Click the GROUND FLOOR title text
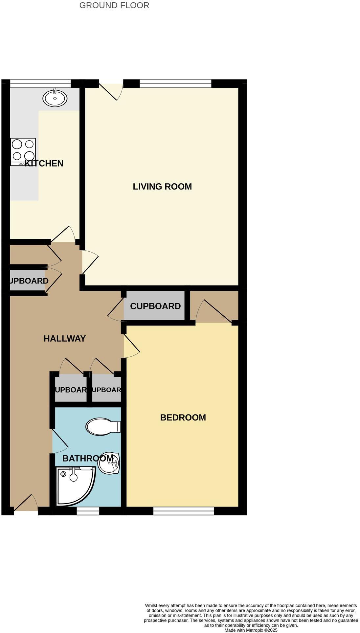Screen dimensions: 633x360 click(x=114, y=5)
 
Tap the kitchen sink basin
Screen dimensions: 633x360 click(x=55, y=98)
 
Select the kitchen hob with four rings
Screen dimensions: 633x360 click(x=23, y=151)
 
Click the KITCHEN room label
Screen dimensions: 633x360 click(x=44, y=163)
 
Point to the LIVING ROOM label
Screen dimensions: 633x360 click(x=162, y=186)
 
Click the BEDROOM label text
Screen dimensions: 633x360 click(x=183, y=417)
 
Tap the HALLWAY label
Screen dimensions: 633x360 click(x=64, y=338)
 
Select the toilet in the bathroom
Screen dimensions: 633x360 click(x=103, y=426)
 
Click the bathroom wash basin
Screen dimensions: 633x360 click(x=110, y=463)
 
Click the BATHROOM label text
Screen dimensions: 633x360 click(x=88, y=458)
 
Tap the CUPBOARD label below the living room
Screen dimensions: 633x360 click(x=155, y=306)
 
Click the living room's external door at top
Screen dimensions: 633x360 click(x=111, y=90)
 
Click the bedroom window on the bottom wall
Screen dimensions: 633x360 click(x=184, y=511)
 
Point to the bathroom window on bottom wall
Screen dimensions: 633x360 click(x=88, y=511)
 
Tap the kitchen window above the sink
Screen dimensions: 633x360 click(x=40, y=83)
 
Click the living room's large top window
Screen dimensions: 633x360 click(x=175, y=83)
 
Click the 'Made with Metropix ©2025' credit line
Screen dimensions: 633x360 click(x=251, y=630)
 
